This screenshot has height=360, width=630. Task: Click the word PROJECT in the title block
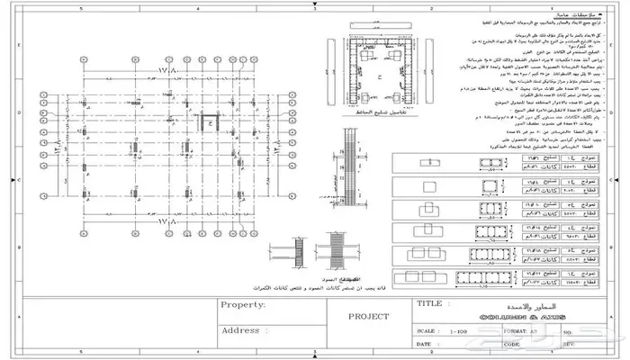point(369,317)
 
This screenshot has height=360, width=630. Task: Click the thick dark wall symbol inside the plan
point(213,121)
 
